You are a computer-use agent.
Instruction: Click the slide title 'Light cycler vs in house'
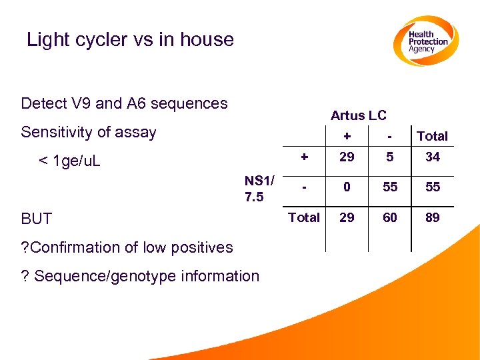pos(130,39)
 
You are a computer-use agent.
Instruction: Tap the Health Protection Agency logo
pos(425,41)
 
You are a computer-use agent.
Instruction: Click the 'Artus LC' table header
pos(358,115)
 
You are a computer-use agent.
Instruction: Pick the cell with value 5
pos(390,157)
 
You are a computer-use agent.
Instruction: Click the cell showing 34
pos(433,157)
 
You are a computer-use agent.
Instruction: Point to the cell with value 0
pos(347,187)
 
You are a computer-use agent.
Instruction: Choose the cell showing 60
pos(390,217)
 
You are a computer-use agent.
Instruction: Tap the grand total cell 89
pos(433,217)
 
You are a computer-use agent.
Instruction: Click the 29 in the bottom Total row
pos(347,217)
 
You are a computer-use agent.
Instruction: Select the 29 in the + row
pos(347,157)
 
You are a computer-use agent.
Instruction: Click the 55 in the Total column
pos(433,187)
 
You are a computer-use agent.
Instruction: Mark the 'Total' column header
pos(432,136)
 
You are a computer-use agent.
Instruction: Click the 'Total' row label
pos(303,217)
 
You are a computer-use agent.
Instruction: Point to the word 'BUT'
pos(36,219)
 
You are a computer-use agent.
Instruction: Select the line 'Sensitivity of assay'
pos(88,132)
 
